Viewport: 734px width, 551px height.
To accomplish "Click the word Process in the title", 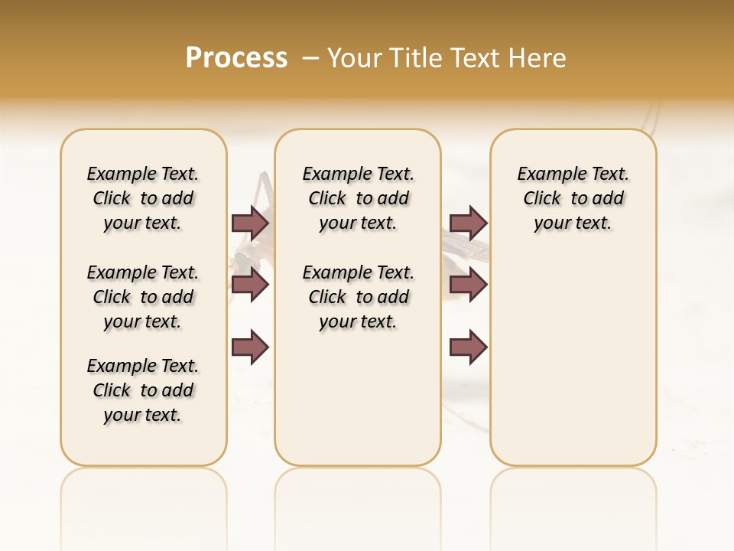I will [x=236, y=57].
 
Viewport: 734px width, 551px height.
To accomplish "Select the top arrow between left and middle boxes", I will [x=250, y=223].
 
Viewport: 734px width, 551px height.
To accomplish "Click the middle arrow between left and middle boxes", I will [x=250, y=285].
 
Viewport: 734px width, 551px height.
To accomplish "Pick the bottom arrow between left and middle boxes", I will [x=250, y=347].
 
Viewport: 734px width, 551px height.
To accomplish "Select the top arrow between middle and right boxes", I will [x=468, y=223].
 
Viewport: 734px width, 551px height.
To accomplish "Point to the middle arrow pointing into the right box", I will [x=468, y=285].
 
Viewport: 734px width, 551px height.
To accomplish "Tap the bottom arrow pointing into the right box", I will [x=468, y=347].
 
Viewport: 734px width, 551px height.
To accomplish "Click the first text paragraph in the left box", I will [x=143, y=198].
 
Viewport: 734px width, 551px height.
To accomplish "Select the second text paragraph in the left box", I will [x=143, y=297].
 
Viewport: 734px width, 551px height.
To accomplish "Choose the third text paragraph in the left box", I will [x=143, y=390].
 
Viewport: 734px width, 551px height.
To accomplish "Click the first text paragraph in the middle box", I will [x=358, y=198].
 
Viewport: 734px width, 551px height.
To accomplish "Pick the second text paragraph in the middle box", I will [x=358, y=297].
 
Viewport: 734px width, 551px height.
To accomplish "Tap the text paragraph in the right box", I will [x=573, y=198].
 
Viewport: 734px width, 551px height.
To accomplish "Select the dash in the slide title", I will [x=310, y=57].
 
